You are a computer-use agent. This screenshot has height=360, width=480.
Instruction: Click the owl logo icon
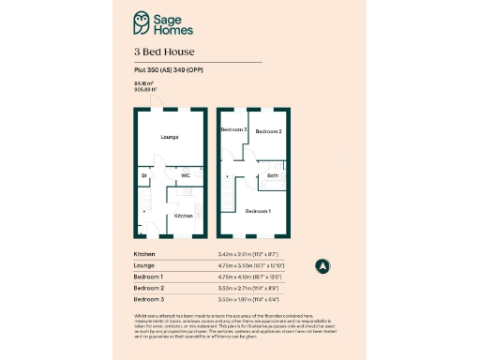pos(142,22)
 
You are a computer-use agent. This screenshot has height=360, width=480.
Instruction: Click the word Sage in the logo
pos(170,17)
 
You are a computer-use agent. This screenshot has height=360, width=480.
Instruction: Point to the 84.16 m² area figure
pos(142,83)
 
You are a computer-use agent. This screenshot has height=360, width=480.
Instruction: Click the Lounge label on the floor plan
pos(169,138)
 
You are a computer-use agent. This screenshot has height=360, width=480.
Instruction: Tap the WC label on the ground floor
pos(186,174)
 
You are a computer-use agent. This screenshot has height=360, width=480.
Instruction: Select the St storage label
pos(144,175)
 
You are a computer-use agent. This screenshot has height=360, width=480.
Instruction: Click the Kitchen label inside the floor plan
pos(184,216)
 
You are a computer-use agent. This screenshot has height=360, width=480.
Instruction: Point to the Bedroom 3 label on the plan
pos(232,129)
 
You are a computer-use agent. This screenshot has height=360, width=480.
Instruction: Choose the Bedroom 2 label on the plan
pos(268,131)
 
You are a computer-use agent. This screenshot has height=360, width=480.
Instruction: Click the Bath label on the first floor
pos(272,175)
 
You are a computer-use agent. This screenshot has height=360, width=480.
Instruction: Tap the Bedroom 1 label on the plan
pos(258,212)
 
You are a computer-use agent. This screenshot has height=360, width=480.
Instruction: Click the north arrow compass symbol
pos(321,265)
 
